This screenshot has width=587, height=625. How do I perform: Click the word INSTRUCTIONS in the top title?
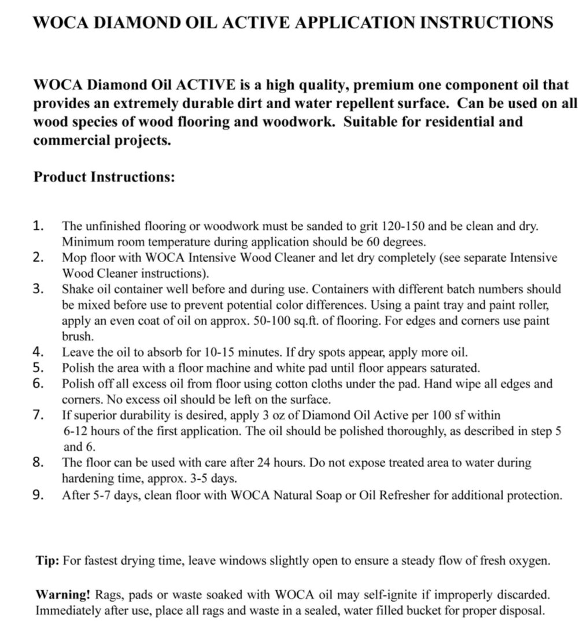click(x=485, y=23)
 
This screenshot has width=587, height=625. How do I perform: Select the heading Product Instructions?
click(x=104, y=177)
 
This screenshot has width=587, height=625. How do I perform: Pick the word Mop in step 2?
click(x=72, y=258)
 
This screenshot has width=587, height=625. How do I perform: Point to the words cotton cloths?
click(x=289, y=384)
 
